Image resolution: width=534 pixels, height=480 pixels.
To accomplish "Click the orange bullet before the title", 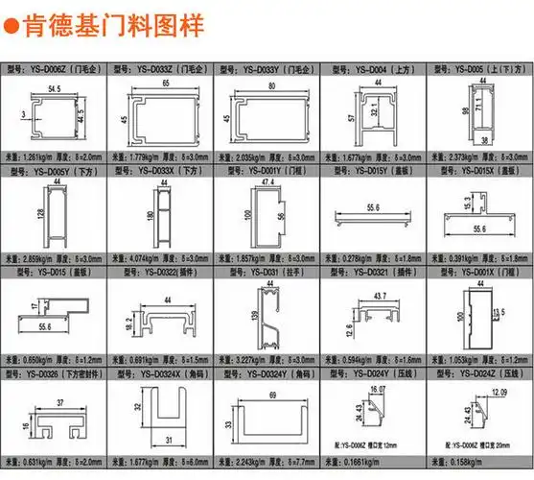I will pos(12,26).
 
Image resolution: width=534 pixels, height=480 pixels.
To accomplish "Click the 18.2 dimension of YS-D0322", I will pos(128,327).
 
